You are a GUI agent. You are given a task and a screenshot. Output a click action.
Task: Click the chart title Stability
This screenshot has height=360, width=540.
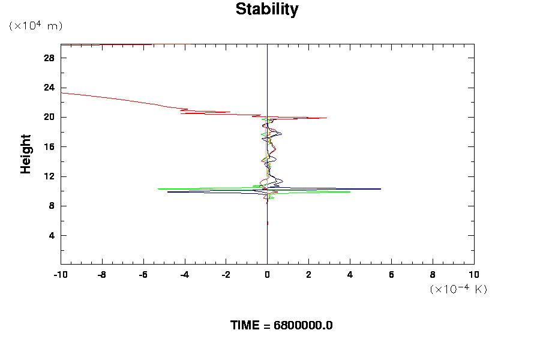coord(266,10)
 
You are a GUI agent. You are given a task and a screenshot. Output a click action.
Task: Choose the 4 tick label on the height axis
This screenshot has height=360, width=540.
coord(52,236)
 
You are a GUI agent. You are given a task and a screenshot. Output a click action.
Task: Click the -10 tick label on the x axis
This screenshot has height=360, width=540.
coord(60,275)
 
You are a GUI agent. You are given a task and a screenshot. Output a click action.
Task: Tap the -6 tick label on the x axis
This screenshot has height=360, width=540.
coord(143,275)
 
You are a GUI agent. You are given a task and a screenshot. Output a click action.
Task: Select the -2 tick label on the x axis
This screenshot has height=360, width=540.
coord(226,275)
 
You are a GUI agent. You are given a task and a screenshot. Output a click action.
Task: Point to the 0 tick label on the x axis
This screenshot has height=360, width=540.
coord(267,275)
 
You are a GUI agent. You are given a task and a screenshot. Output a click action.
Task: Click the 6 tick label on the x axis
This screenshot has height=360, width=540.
coord(391,275)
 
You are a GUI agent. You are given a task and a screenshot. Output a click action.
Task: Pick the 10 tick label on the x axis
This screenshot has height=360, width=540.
coord(474,275)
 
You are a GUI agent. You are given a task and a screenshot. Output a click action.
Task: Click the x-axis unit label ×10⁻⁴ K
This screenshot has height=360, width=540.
coord(458,289)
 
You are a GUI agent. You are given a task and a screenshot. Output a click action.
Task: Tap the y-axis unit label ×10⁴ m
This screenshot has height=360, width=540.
coord(35,26)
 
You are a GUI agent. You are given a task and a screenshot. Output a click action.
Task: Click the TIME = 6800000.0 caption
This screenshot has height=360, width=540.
coord(281,325)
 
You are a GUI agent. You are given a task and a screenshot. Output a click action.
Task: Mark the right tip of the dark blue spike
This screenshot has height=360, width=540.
coord(380,189)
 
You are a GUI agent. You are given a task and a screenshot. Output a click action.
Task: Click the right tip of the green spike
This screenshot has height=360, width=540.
coord(350,192)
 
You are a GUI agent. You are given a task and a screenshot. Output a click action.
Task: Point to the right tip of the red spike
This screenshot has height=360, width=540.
coord(326,118)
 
